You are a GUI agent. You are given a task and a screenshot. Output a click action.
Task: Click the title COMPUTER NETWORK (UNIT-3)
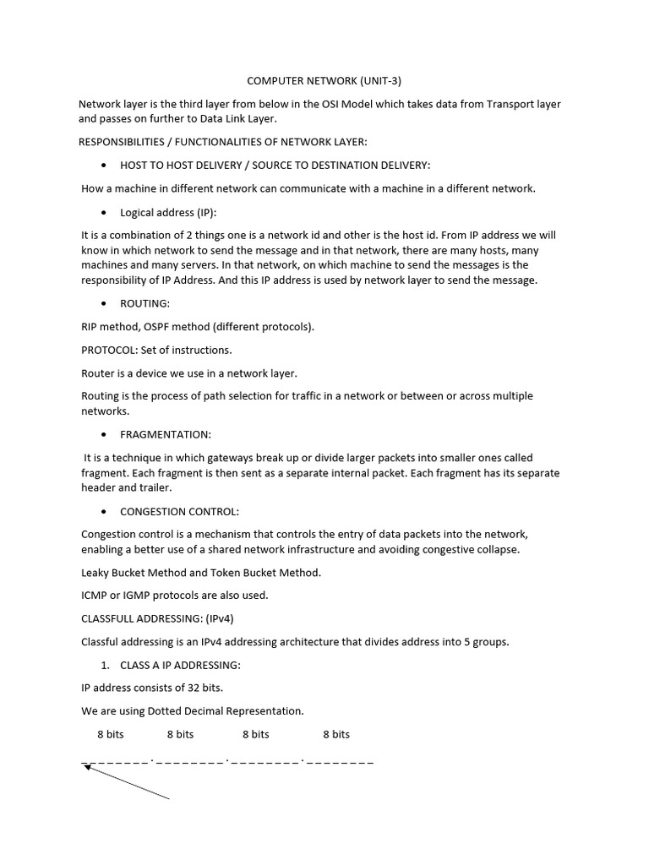[x=324, y=81]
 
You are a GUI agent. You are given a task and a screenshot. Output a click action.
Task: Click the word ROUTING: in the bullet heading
[x=145, y=303]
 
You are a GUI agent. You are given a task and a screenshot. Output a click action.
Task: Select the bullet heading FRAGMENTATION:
[x=166, y=434]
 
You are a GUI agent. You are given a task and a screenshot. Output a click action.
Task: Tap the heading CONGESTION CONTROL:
[x=179, y=511]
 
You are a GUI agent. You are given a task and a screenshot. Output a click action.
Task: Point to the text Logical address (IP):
[x=168, y=212]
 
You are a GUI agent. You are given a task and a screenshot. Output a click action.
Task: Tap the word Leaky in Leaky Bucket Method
[x=96, y=573]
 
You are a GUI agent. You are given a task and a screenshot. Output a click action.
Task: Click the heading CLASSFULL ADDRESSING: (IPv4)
[x=162, y=618]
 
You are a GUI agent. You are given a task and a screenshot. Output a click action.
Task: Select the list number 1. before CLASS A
[x=105, y=666]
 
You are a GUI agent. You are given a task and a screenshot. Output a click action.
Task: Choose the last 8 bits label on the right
[x=335, y=734]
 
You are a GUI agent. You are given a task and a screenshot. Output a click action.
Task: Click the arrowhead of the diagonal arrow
[x=86, y=768]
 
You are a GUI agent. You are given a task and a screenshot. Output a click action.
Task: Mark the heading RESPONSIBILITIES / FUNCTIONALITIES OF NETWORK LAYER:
[x=223, y=141]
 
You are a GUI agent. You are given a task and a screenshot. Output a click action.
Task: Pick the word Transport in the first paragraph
[x=501, y=105]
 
